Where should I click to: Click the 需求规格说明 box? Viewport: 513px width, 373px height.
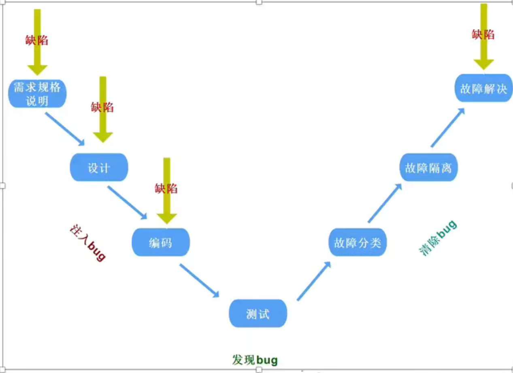click(x=37, y=94)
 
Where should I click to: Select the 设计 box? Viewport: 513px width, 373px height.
click(x=99, y=167)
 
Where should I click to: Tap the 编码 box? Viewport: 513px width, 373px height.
click(x=160, y=242)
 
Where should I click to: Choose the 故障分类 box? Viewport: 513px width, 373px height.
click(x=357, y=242)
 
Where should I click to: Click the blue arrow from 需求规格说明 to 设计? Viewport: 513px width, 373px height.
click(x=65, y=129)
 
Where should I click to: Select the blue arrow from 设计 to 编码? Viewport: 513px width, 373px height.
click(x=127, y=202)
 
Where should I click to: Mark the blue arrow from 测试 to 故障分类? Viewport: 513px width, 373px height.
click(x=314, y=281)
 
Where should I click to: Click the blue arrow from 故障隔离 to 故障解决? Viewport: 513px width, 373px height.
click(x=447, y=128)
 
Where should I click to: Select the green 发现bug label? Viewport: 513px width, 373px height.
click(x=255, y=360)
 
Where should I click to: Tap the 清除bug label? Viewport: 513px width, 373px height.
click(x=438, y=238)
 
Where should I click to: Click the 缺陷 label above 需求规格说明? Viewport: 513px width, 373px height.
click(x=37, y=40)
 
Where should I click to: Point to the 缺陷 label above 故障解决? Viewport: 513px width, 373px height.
click(x=483, y=34)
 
